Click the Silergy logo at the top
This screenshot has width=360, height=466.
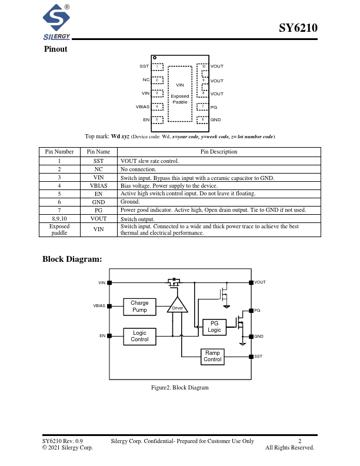pos(57,22)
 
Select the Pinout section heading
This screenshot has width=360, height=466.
pos(56,49)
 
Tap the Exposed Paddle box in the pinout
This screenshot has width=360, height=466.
pos(180,94)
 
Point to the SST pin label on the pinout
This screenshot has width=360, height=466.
pos(144,66)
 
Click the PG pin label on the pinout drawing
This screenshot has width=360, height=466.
pos(214,107)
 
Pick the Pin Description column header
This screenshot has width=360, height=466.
pos(219,152)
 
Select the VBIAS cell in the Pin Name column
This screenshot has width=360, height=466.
pos(98,185)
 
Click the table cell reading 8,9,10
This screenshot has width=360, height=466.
pos(59,218)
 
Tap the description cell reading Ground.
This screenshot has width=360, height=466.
pos(130,201)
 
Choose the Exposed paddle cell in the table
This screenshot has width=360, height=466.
pos(59,229)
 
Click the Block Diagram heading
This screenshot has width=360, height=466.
pos(72,259)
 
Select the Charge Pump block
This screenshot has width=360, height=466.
pos(139,307)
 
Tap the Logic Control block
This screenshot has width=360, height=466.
pos(139,336)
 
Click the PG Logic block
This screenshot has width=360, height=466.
pos(214,327)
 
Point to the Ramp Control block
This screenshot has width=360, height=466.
pos(212,357)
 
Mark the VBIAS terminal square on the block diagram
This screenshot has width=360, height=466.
pos(109,306)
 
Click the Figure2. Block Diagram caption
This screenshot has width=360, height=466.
pos(180,388)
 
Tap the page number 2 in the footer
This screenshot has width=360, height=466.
pos(299,441)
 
